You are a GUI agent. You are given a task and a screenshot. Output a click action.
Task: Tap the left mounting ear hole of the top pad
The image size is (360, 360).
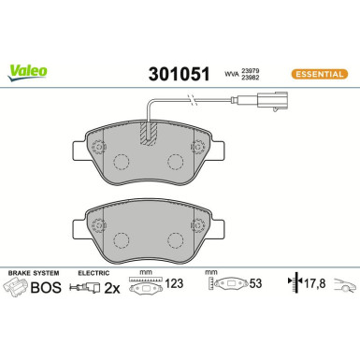point(98,148)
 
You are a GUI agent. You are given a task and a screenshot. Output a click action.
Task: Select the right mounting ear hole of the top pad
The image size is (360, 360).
point(197,147)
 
